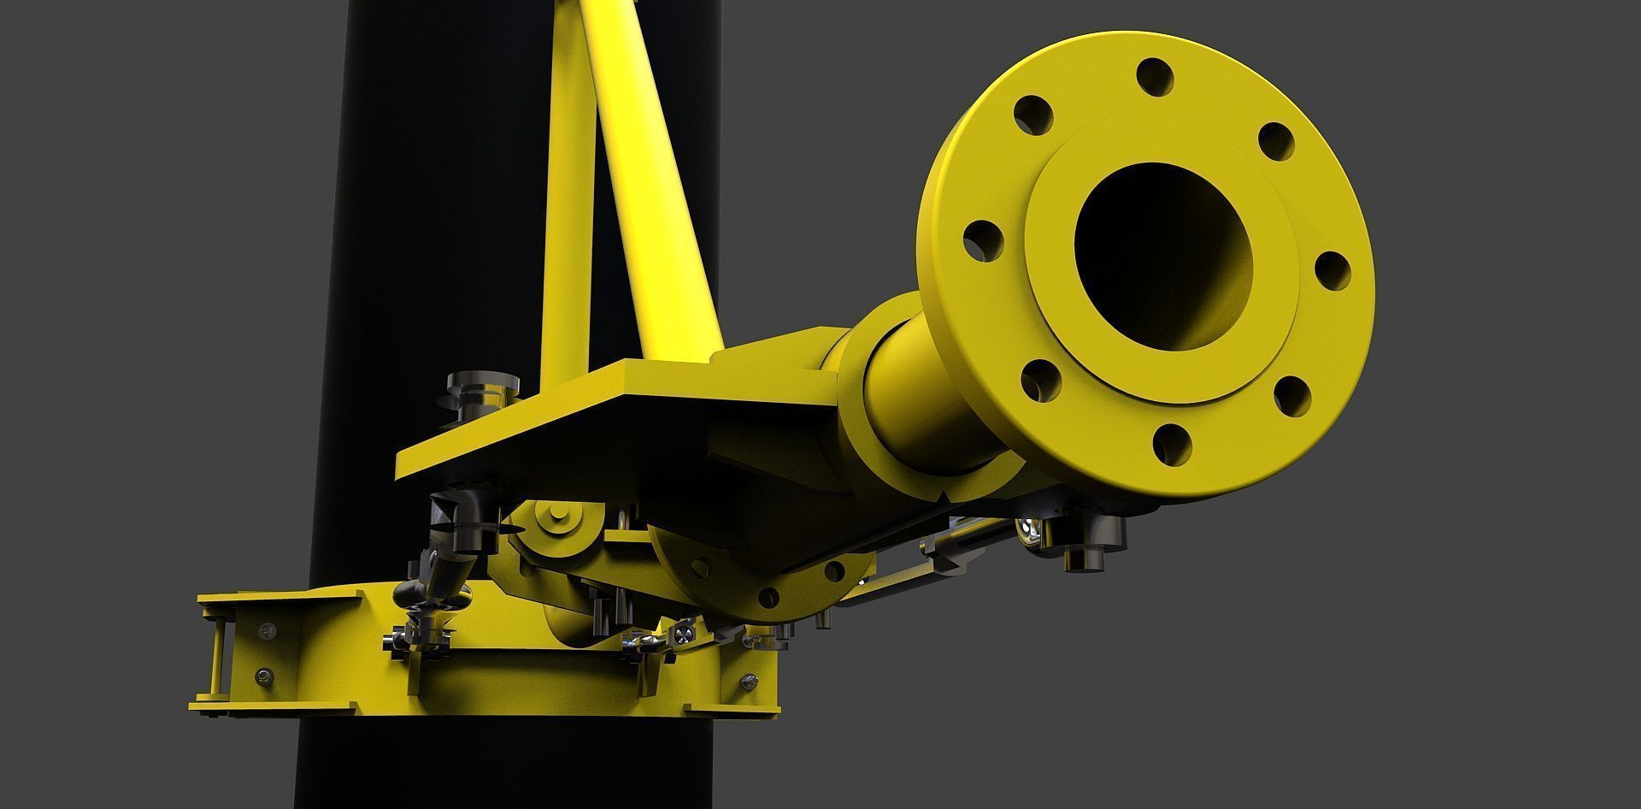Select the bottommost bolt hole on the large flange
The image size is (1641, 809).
coord(1172,445)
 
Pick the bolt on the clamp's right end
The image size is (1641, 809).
coord(750,682)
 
